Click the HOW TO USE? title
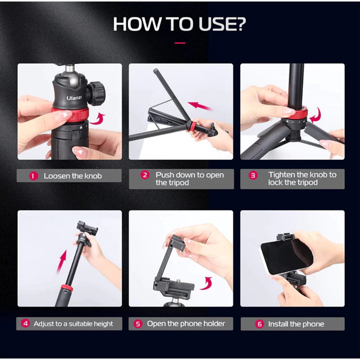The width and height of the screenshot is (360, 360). pos(179,24)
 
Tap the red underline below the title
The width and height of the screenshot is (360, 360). pos(180,43)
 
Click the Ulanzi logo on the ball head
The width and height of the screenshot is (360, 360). pos(74,98)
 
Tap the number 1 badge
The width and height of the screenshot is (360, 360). pos(33,176)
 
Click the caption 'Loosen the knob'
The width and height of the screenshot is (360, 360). pos(73,176)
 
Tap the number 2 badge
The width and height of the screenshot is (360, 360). pos(145,175)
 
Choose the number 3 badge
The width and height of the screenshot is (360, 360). pos(253,175)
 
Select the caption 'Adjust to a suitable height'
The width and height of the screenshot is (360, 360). pos(73,324)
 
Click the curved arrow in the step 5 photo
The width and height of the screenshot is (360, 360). pos(206,283)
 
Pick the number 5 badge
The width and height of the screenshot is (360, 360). pos(138,324)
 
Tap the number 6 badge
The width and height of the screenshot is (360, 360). pos(259,324)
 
